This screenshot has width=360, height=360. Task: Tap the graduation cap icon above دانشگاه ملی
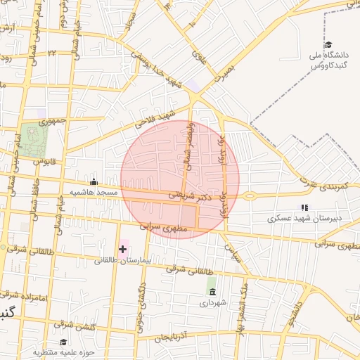pos(328,45)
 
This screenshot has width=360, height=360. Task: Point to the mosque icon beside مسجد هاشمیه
pos(94,182)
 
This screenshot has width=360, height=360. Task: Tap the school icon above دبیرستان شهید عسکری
pos(304,207)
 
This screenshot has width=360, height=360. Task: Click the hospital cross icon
pos(123,249)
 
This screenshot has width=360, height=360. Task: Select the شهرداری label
pos(211,303)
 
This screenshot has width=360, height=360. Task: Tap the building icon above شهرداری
pos(212,291)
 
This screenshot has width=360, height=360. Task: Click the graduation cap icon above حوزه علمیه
pos(63,342)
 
